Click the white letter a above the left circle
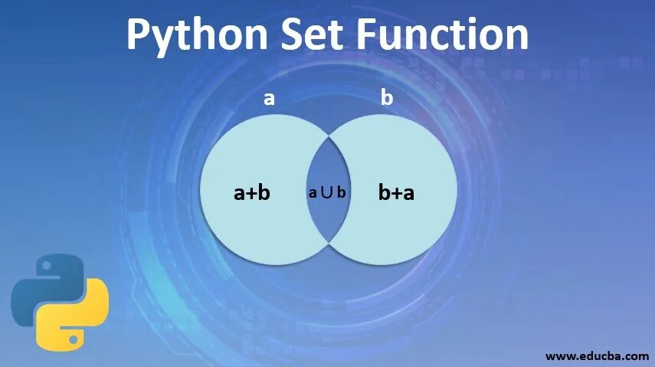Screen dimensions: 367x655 [x=269, y=98]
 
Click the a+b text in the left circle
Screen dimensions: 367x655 [x=252, y=192]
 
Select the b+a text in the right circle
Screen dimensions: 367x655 [x=396, y=192]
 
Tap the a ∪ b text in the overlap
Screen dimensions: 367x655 [x=328, y=192]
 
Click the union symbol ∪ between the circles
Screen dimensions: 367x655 [x=327, y=192]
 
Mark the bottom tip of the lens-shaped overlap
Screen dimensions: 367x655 [x=329, y=243]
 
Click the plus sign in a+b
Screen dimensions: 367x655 [x=251, y=193]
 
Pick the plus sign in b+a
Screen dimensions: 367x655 [x=396, y=193]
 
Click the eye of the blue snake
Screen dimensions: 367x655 [x=44, y=268]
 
